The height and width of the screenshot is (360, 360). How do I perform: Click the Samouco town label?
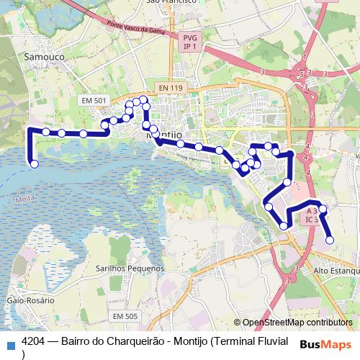[45, 55]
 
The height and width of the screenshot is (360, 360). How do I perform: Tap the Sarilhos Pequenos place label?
[130, 268]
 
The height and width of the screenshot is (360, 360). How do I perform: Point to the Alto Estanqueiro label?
[336, 271]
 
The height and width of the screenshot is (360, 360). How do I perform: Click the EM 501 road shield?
[94, 100]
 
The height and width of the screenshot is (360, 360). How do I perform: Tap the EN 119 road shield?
[171, 88]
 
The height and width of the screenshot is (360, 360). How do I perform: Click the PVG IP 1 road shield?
[189, 42]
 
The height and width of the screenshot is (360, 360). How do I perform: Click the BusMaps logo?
[325, 343]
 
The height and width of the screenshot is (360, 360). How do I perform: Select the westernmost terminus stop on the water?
[34, 164]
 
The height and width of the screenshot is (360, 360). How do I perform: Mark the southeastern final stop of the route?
[330, 240]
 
